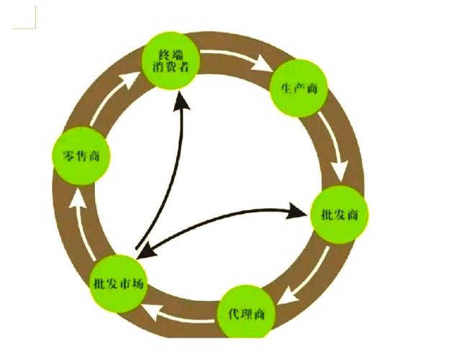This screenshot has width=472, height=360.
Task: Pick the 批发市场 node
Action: (x=119, y=282)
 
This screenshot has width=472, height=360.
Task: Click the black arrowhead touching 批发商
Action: (x=297, y=212)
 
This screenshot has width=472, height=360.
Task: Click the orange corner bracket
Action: (x=24, y=17)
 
